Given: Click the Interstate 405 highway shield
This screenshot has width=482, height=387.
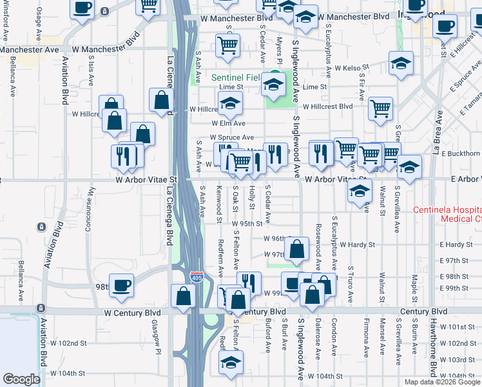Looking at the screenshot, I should click(197, 277).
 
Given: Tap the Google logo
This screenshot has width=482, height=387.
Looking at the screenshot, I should click(21, 379).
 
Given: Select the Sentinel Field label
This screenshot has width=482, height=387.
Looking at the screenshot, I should click(235, 78).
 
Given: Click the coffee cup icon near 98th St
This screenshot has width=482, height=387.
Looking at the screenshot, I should click(120, 285).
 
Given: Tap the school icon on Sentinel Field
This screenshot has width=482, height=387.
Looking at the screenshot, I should click(274, 84).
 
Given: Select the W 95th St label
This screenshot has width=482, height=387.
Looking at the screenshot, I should click(246, 223).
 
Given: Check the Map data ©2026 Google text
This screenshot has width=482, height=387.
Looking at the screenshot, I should click(441, 382).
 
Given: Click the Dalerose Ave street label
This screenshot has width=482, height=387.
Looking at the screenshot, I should click(318, 339).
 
